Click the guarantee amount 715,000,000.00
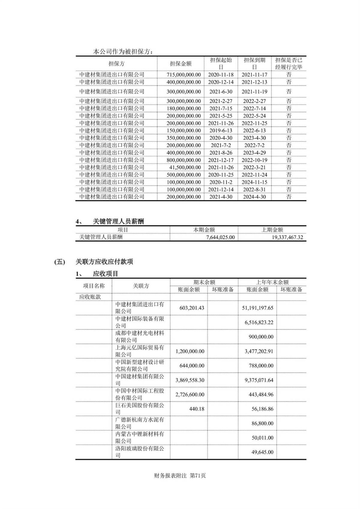[184, 75]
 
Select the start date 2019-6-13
[220, 130]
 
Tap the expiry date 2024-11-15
[254, 182]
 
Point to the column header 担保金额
[181, 64]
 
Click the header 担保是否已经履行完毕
[289, 64]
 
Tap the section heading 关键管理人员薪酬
[118, 221]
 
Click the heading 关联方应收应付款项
[104, 262]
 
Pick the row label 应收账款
[90, 297]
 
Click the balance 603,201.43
[192, 308]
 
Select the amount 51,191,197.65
[257, 308]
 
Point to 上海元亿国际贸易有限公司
[140, 351]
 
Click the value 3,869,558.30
[190, 380]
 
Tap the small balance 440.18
[197, 409]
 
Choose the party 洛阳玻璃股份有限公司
[140, 452]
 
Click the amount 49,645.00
[262, 452]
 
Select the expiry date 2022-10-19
[254, 160]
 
